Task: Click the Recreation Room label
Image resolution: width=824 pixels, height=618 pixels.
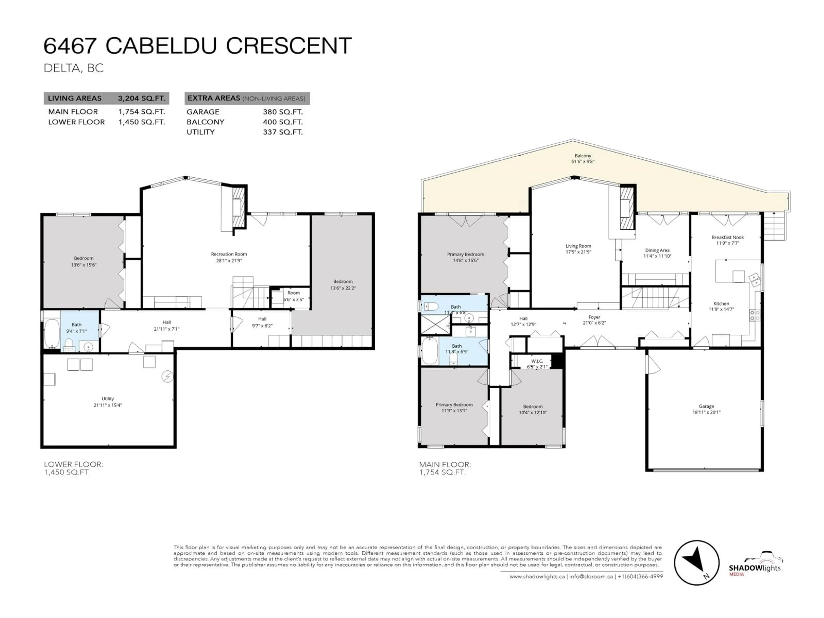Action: click(229, 254)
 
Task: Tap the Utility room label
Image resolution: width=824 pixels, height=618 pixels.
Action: click(108, 399)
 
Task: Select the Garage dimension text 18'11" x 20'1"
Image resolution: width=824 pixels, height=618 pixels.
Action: click(706, 412)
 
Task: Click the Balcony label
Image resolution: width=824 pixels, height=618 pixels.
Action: click(583, 156)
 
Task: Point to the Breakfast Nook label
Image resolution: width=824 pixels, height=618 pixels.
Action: click(727, 237)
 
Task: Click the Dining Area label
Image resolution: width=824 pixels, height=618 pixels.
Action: click(657, 250)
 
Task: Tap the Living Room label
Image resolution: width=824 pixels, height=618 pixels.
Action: click(578, 246)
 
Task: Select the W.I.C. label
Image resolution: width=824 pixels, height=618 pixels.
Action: click(537, 361)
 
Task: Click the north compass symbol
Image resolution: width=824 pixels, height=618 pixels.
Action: click(696, 562)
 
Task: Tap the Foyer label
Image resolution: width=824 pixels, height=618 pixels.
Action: click(594, 317)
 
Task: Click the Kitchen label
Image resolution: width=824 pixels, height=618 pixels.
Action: click(721, 304)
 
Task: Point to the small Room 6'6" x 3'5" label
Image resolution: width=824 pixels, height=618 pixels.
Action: click(294, 293)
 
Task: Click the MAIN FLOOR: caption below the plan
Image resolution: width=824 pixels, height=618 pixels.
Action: click(445, 465)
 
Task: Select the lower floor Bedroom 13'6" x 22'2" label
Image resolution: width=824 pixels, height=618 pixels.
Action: click(343, 282)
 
